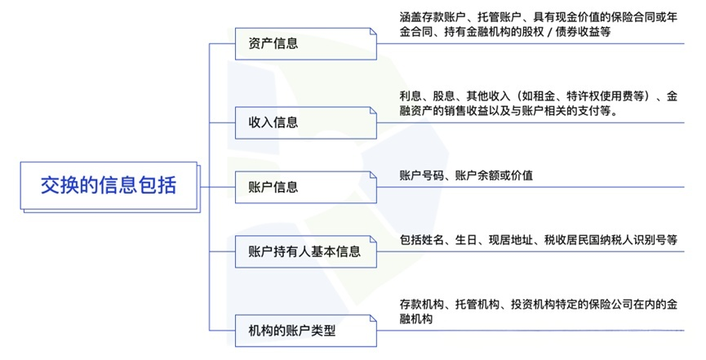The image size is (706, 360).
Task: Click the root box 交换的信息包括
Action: coord(109,186)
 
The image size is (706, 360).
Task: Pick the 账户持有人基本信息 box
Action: coord(305,252)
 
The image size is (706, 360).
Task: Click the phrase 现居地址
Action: coord(511,240)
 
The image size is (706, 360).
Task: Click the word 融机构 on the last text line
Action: coord(416,319)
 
